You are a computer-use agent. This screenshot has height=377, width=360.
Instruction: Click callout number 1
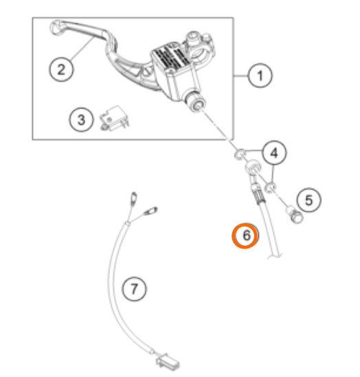(x=260, y=76)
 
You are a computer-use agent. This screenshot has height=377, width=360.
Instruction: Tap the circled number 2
(x=61, y=69)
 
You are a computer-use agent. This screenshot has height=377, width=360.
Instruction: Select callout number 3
(x=81, y=119)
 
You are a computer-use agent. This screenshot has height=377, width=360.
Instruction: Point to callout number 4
(x=274, y=152)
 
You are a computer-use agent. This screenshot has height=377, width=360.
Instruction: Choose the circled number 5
(x=308, y=200)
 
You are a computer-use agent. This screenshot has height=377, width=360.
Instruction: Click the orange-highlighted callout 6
(x=245, y=236)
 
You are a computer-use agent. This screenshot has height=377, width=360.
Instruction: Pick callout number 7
(x=134, y=288)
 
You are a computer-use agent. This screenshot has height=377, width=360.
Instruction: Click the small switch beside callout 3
(x=114, y=118)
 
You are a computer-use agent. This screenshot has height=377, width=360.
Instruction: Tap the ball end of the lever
(x=55, y=27)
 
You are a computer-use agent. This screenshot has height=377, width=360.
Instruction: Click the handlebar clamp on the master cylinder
(x=199, y=47)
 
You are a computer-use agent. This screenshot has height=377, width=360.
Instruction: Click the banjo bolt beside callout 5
(x=295, y=214)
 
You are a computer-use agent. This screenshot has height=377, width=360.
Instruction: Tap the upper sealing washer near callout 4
(x=240, y=154)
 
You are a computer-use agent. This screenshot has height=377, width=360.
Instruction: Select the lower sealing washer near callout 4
(x=270, y=187)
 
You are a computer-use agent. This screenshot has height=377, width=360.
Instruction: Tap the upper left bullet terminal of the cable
(x=133, y=198)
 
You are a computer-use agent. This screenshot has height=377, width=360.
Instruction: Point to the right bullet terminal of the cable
(x=150, y=211)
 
